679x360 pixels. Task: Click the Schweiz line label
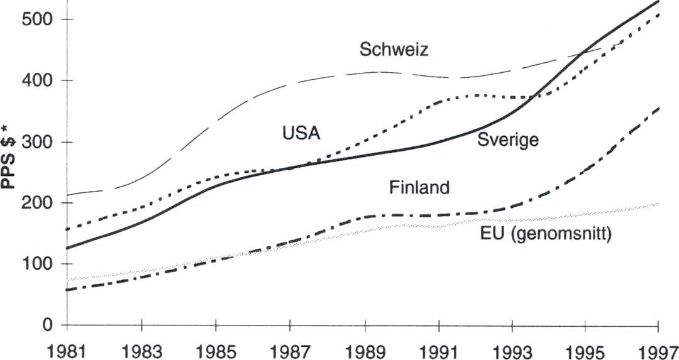394,50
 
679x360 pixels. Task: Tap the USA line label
301,133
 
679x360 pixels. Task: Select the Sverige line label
508,139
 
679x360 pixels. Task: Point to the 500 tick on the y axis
37,19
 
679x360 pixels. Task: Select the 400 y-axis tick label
37,80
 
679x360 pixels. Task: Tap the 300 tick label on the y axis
37,142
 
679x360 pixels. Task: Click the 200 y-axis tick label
37,203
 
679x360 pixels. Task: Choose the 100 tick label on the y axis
37,265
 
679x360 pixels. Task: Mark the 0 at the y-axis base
47,325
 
